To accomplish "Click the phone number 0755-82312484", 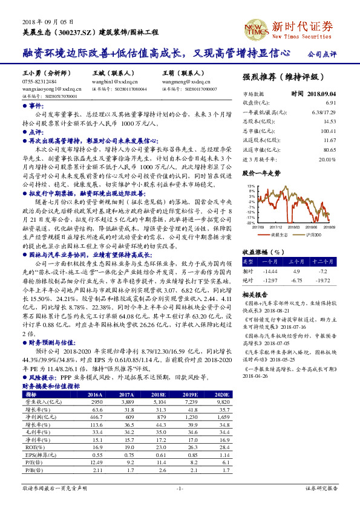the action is pos(39,81).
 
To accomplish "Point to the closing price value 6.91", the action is pos(330,103).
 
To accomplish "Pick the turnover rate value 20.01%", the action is pos(327,158).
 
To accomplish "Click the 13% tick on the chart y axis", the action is pos(250,186).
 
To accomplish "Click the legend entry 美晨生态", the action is pos(279,234).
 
